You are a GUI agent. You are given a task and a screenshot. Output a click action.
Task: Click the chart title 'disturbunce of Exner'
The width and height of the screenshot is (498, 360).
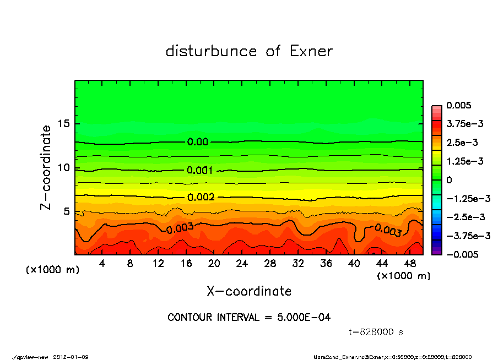click(x=249, y=52)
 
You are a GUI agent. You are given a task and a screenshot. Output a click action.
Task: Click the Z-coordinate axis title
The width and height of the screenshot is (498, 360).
click(x=46, y=167)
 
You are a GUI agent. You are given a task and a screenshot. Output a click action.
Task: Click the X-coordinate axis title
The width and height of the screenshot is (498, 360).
click(x=249, y=291)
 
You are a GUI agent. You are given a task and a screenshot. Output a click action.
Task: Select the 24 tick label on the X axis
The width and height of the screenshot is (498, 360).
click(x=242, y=264)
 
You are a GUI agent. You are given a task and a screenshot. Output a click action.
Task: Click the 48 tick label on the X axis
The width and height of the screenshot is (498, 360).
click(x=410, y=264)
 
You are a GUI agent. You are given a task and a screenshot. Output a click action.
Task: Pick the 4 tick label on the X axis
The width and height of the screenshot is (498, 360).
click(x=102, y=264)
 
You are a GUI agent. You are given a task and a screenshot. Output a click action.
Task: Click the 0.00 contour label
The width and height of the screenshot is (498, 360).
click(x=198, y=142)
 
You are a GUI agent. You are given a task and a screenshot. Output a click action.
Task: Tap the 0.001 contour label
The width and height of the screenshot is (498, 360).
click(x=200, y=170)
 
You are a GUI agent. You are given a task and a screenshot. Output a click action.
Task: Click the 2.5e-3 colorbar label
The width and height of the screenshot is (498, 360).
click(x=461, y=143)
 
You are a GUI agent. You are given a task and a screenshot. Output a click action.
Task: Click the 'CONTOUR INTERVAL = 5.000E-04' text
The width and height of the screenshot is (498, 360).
click(x=249, y=318)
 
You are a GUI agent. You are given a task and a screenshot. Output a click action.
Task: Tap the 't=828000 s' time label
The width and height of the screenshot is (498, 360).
click(x=377, y=332)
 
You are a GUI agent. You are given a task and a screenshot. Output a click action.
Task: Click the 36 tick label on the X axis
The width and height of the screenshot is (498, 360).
click(x=326, y=264)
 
